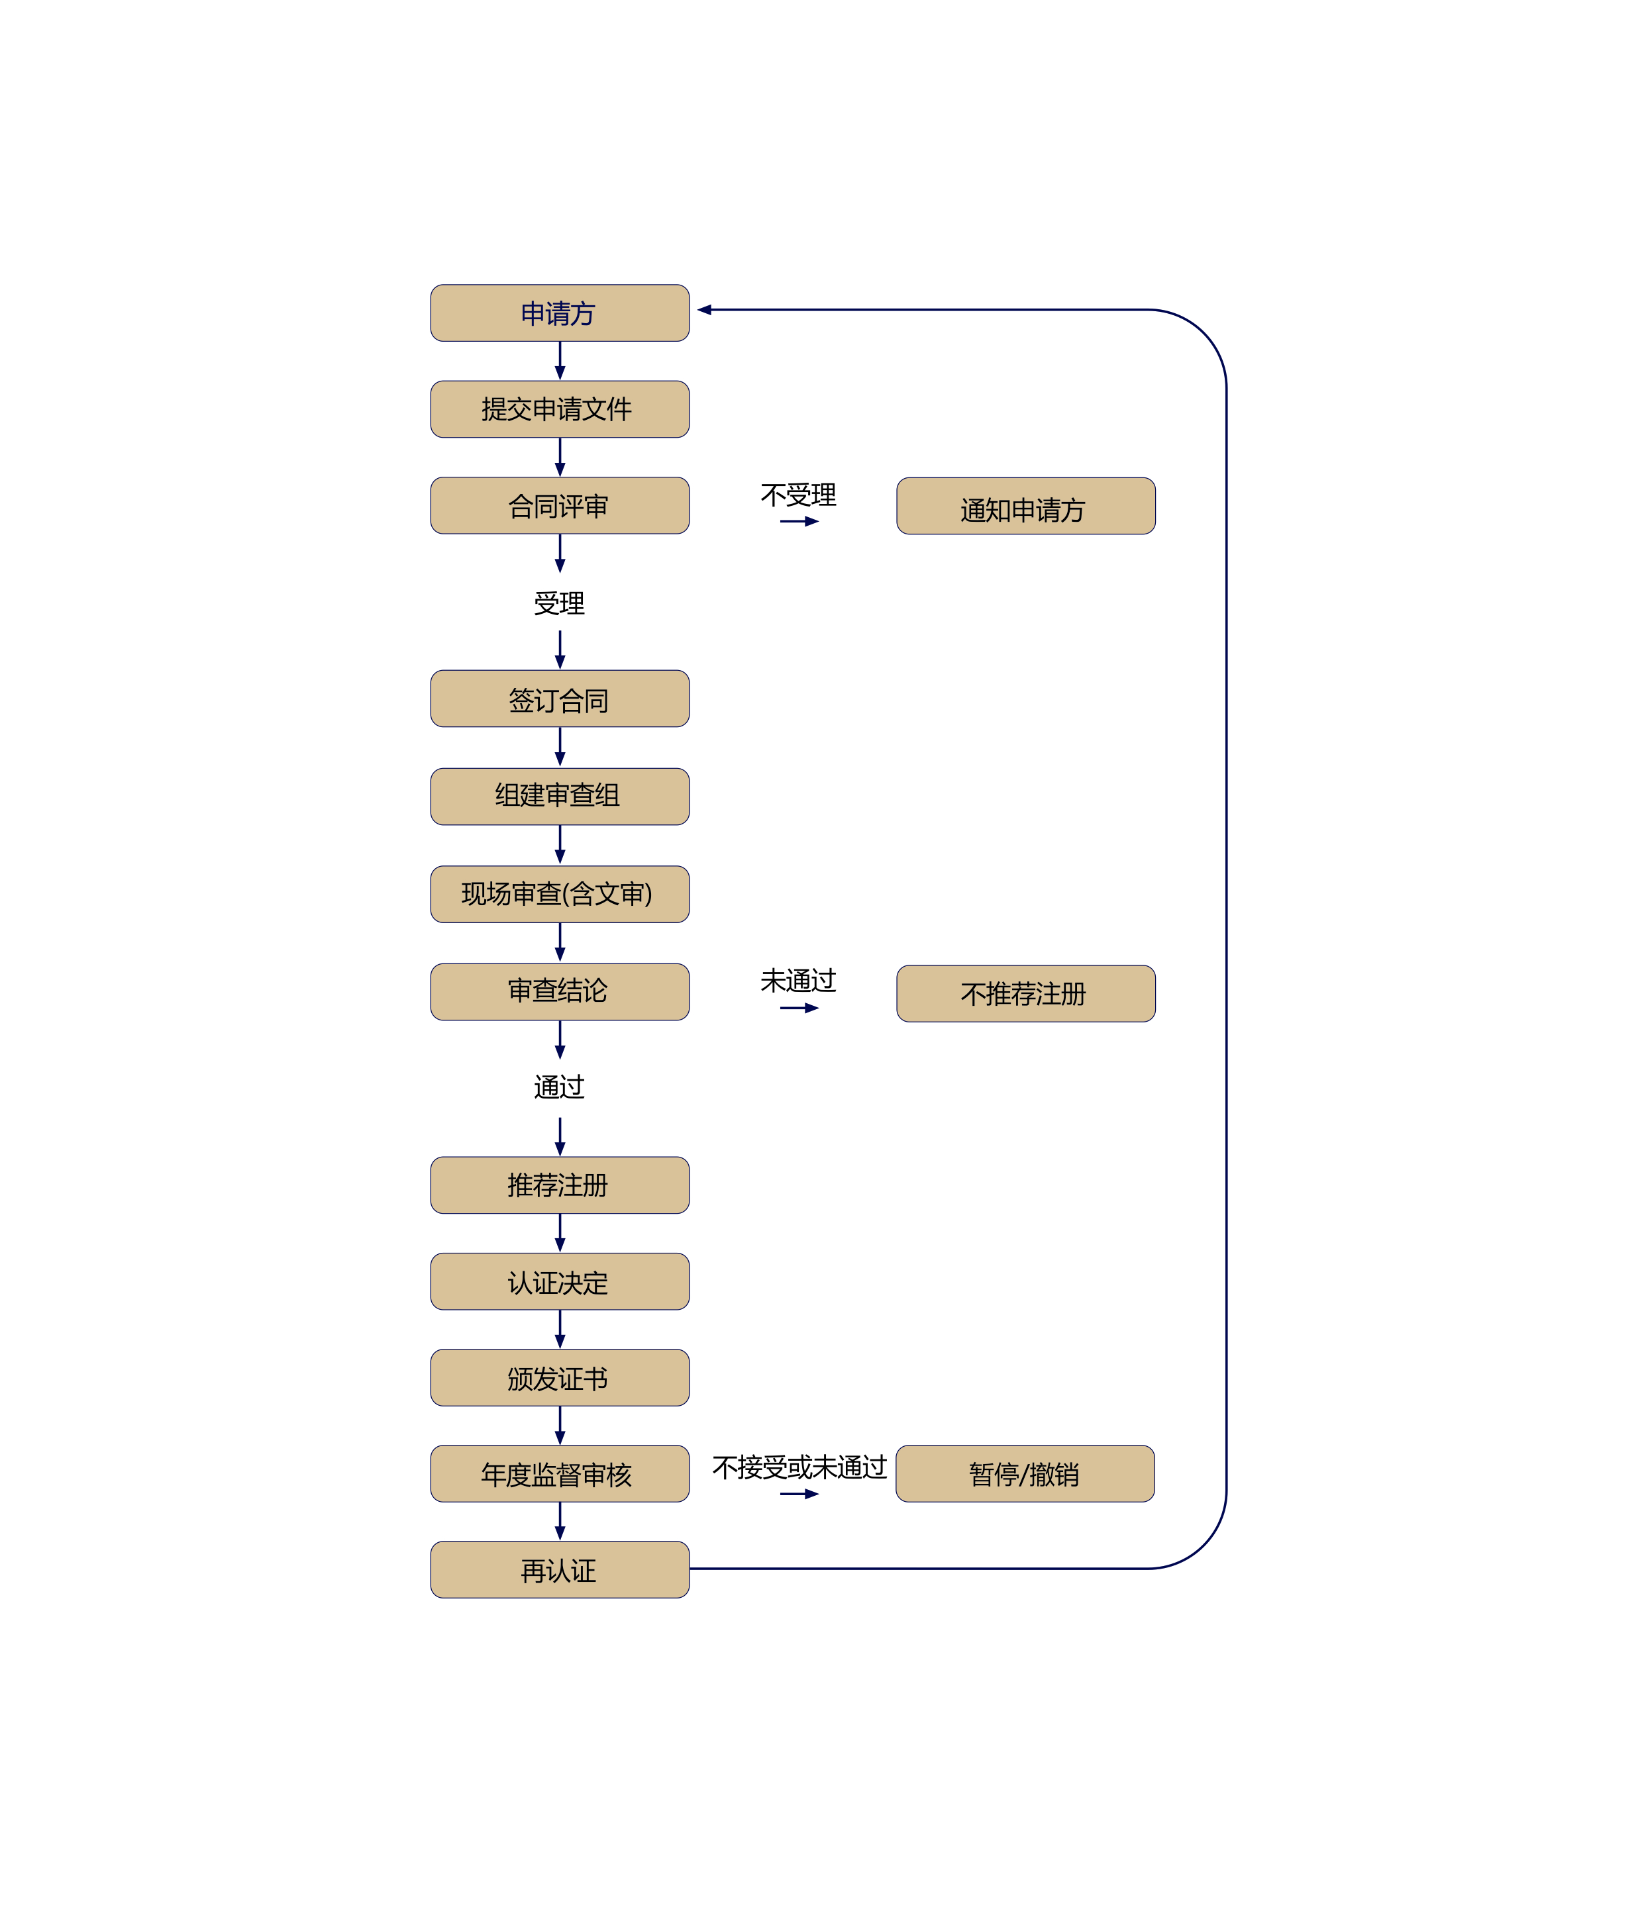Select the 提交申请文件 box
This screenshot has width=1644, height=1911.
point(559,409)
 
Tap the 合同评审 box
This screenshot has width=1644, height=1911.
point(559,505)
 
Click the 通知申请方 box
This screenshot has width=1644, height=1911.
point(1025,507)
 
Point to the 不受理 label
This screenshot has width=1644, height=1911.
point(798,495)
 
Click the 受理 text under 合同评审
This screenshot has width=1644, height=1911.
point(559,604)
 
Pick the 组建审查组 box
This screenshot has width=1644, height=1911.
point(559,796)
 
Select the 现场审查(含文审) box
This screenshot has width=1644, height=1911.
point(559,894)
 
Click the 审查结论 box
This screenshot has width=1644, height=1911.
point(559,991)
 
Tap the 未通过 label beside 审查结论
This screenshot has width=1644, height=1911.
point(798,981)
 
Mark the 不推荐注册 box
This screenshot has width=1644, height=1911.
point(1025,993)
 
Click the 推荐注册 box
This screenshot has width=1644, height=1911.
point(559,1185)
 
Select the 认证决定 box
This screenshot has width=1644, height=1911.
point(559,1281)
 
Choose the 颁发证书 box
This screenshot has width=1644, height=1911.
point(559,1378)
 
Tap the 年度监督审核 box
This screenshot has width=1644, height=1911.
point(559,1474)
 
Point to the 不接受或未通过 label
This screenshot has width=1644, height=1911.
point(799,1467)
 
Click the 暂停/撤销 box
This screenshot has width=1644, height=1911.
point(1024,1474)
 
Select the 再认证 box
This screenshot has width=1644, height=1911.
point(559,1570)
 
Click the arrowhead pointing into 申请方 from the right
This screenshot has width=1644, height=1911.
point(705,310)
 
